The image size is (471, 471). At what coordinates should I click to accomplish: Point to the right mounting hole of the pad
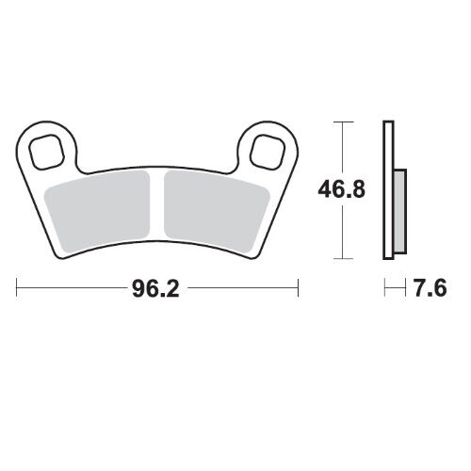click(266, 148)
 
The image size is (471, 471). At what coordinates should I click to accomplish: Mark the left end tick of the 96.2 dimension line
click(17, 286)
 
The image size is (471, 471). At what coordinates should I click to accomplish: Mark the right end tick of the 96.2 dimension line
click(299, 286)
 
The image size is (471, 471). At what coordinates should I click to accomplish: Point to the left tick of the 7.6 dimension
click(383, 286)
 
